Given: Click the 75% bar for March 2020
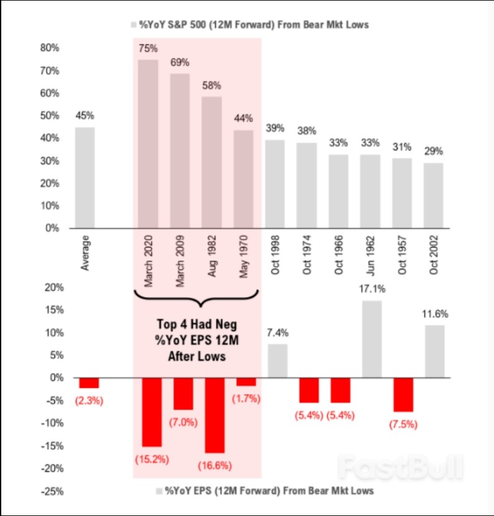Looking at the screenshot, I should coord(148,144).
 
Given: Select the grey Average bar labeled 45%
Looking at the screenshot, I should coord(85,178).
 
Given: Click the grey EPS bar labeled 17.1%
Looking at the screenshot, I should coord(372,339).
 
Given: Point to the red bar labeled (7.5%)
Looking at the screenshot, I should coord(403,394).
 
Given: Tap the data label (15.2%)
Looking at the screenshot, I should coord(148,459).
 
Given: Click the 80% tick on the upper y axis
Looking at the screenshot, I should coord(50,48).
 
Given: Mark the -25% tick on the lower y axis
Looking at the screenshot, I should coord(48,491).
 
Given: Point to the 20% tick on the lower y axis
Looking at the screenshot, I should coord(50,287).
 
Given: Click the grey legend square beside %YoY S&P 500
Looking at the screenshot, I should coord(134,25).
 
